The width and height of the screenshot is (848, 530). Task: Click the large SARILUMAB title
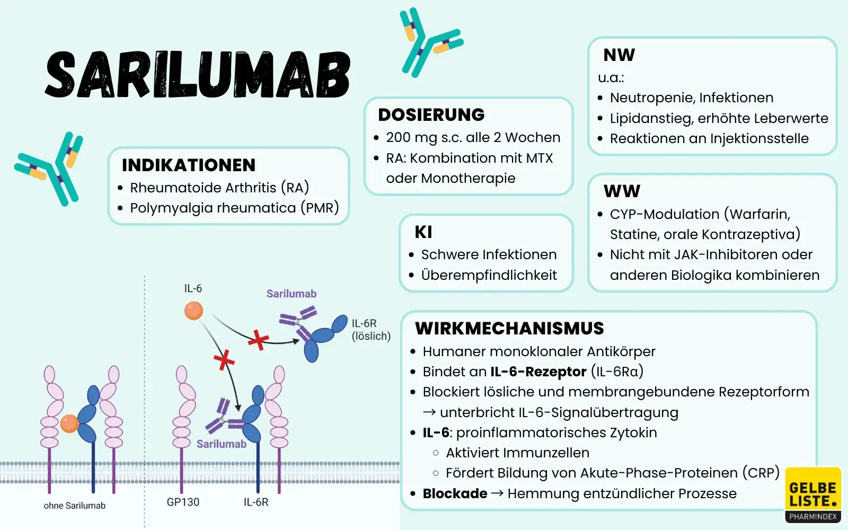point(197,75)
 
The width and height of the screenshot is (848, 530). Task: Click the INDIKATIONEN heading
point(188,165)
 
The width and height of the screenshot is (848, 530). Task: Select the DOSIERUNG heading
point(431,115)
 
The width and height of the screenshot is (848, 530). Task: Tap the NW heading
point(619,55)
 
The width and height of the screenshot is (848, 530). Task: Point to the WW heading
point(622,191)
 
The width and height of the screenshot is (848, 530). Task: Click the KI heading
point(423,232)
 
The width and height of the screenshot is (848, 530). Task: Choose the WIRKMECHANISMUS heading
point(509,329)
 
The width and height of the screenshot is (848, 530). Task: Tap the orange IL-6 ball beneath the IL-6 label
point(193,311)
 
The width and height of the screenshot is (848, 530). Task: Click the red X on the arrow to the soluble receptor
point(258,340)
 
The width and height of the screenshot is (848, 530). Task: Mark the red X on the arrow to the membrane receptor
point(224,360)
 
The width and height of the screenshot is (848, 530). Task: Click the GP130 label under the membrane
point(183,502)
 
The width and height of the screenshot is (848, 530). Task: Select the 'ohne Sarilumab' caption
point(74,506)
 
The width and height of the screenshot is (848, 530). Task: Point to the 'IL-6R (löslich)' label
point(370,330)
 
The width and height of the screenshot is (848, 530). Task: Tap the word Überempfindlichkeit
point(489,276)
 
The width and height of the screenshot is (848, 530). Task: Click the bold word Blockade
point(455,494)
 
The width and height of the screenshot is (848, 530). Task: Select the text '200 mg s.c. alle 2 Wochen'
point(473,138)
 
